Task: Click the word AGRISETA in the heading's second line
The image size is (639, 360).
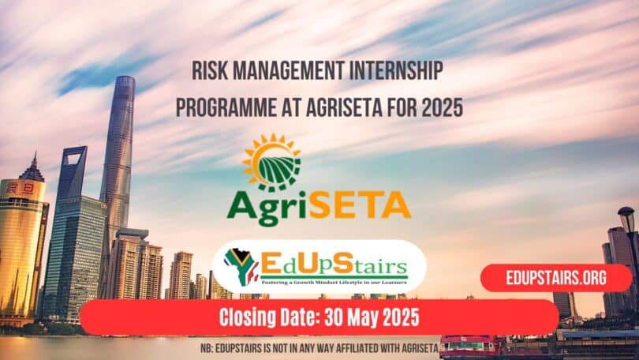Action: click(x=353, y=107)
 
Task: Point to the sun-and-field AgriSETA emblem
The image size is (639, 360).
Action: click(x=271, y=163)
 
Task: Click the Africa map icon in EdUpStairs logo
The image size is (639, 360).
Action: click(x=241, y=265)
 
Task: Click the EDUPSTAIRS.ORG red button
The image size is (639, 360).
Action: click(x=557, y=278)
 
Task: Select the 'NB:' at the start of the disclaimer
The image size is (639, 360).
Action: click(x=207, y=347)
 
